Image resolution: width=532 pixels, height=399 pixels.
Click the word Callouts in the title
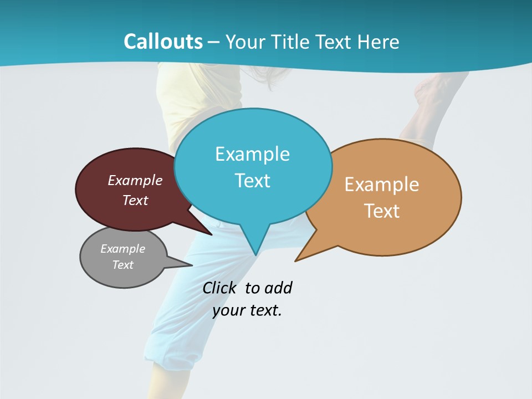(163, 42)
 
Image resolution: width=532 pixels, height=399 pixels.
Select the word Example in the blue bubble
(252, 154)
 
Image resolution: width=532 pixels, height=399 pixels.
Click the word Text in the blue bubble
(252, 181)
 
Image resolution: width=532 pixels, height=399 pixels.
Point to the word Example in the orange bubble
(382, 185)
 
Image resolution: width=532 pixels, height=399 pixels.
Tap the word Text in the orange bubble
(382, 211)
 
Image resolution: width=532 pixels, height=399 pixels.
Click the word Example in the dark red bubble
(135, 180)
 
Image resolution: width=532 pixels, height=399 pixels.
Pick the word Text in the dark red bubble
(135, 200)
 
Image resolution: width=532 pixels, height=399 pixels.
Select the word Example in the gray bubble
(123, 249)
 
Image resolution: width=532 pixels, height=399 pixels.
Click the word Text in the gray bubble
(123, 265)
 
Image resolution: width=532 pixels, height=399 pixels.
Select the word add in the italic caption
(278, 288)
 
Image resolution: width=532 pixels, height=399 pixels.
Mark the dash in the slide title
(214, 42)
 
